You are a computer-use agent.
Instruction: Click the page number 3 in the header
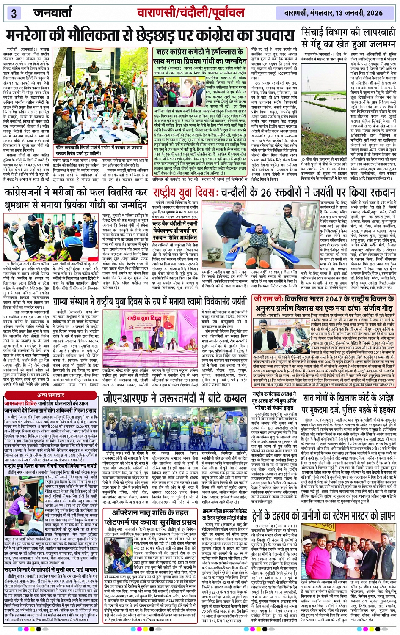click(x=14, y=13)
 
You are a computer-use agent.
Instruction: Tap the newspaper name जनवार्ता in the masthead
click(x=53, y=13)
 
